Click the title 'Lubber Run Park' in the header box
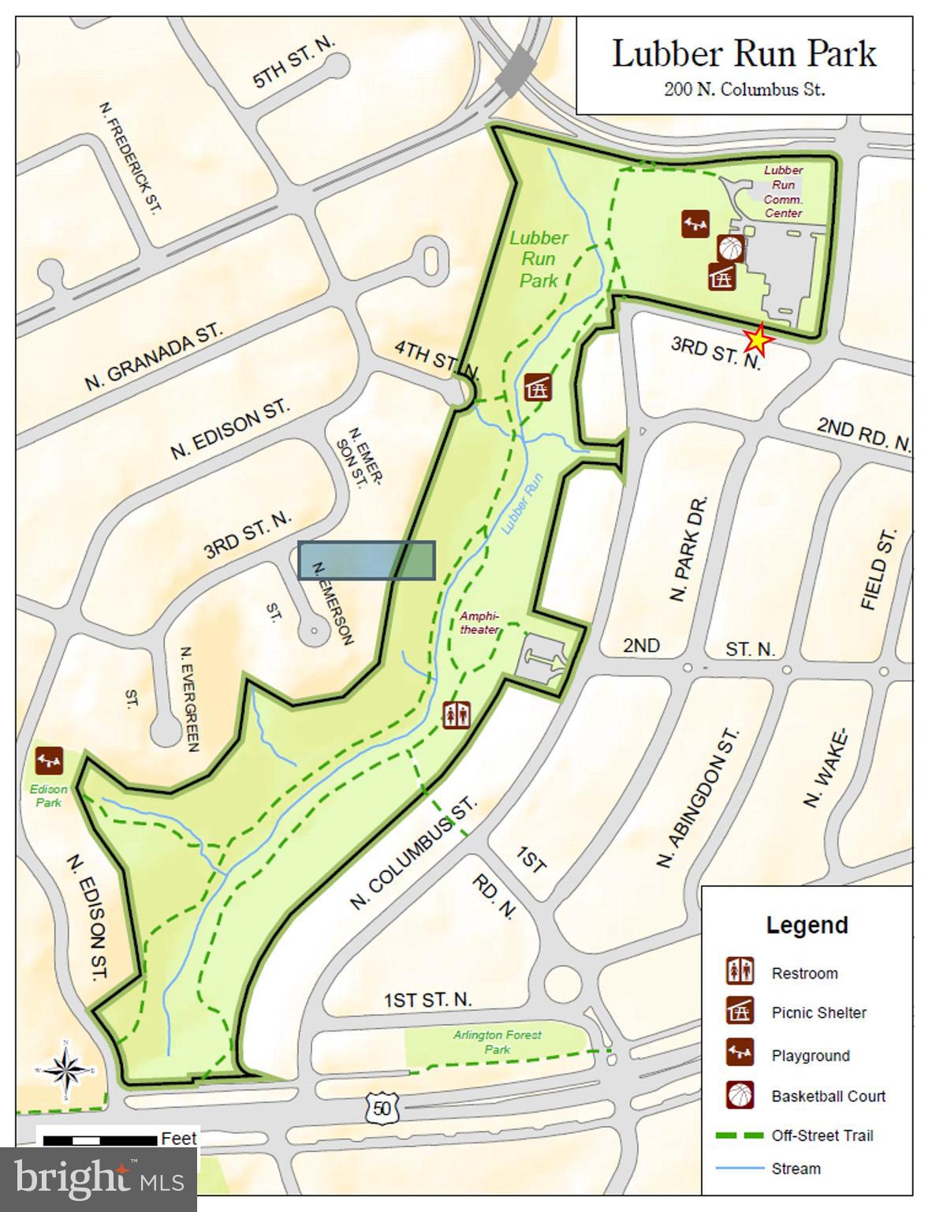coord(744,54)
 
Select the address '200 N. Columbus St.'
coord(744,89)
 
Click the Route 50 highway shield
coord(382,1108)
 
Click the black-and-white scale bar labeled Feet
coord(99,1140)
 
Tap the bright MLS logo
coord(98,1179)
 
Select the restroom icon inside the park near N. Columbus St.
coord(457,715)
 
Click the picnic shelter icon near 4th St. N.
coord(538,387)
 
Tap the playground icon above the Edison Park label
coord(49,761)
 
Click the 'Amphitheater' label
coord(480,623)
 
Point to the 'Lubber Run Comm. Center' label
coord(783,191)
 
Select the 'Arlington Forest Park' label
coord(497,1042)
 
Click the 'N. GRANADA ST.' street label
coord(154,357)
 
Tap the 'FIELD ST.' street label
coord(878,569)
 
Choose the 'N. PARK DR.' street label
coord(689,549)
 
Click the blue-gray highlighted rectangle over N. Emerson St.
coord(367,560)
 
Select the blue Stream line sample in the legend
coord(740,1169)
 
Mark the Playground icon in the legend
coord(740,1053)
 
